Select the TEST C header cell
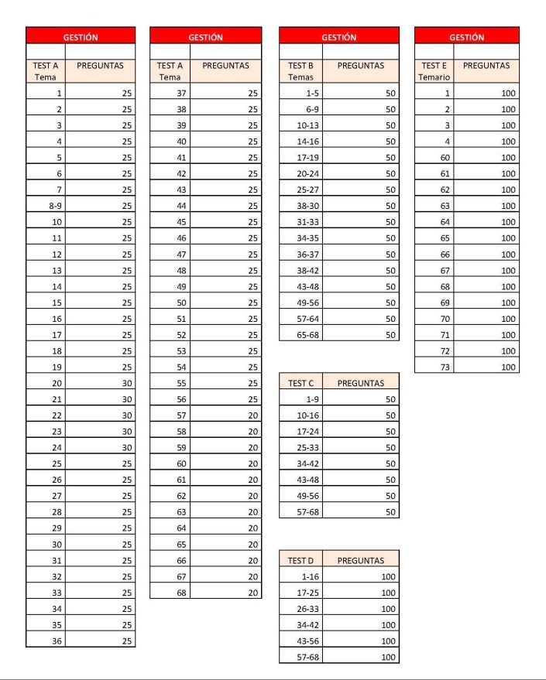click(300, 382)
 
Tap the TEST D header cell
click(300, 560)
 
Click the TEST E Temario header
click(434, 71)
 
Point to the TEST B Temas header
click(300, 71)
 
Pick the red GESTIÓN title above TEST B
click(339, 36)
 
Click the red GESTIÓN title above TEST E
click(467, 36)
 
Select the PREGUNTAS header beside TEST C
click(361, 382)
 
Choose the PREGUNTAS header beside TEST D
click(361, 560)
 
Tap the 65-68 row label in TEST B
click(300, 334)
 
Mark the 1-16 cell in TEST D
click(300, 576)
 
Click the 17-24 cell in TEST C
click(300, 431)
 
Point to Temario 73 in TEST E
click(434, 366)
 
